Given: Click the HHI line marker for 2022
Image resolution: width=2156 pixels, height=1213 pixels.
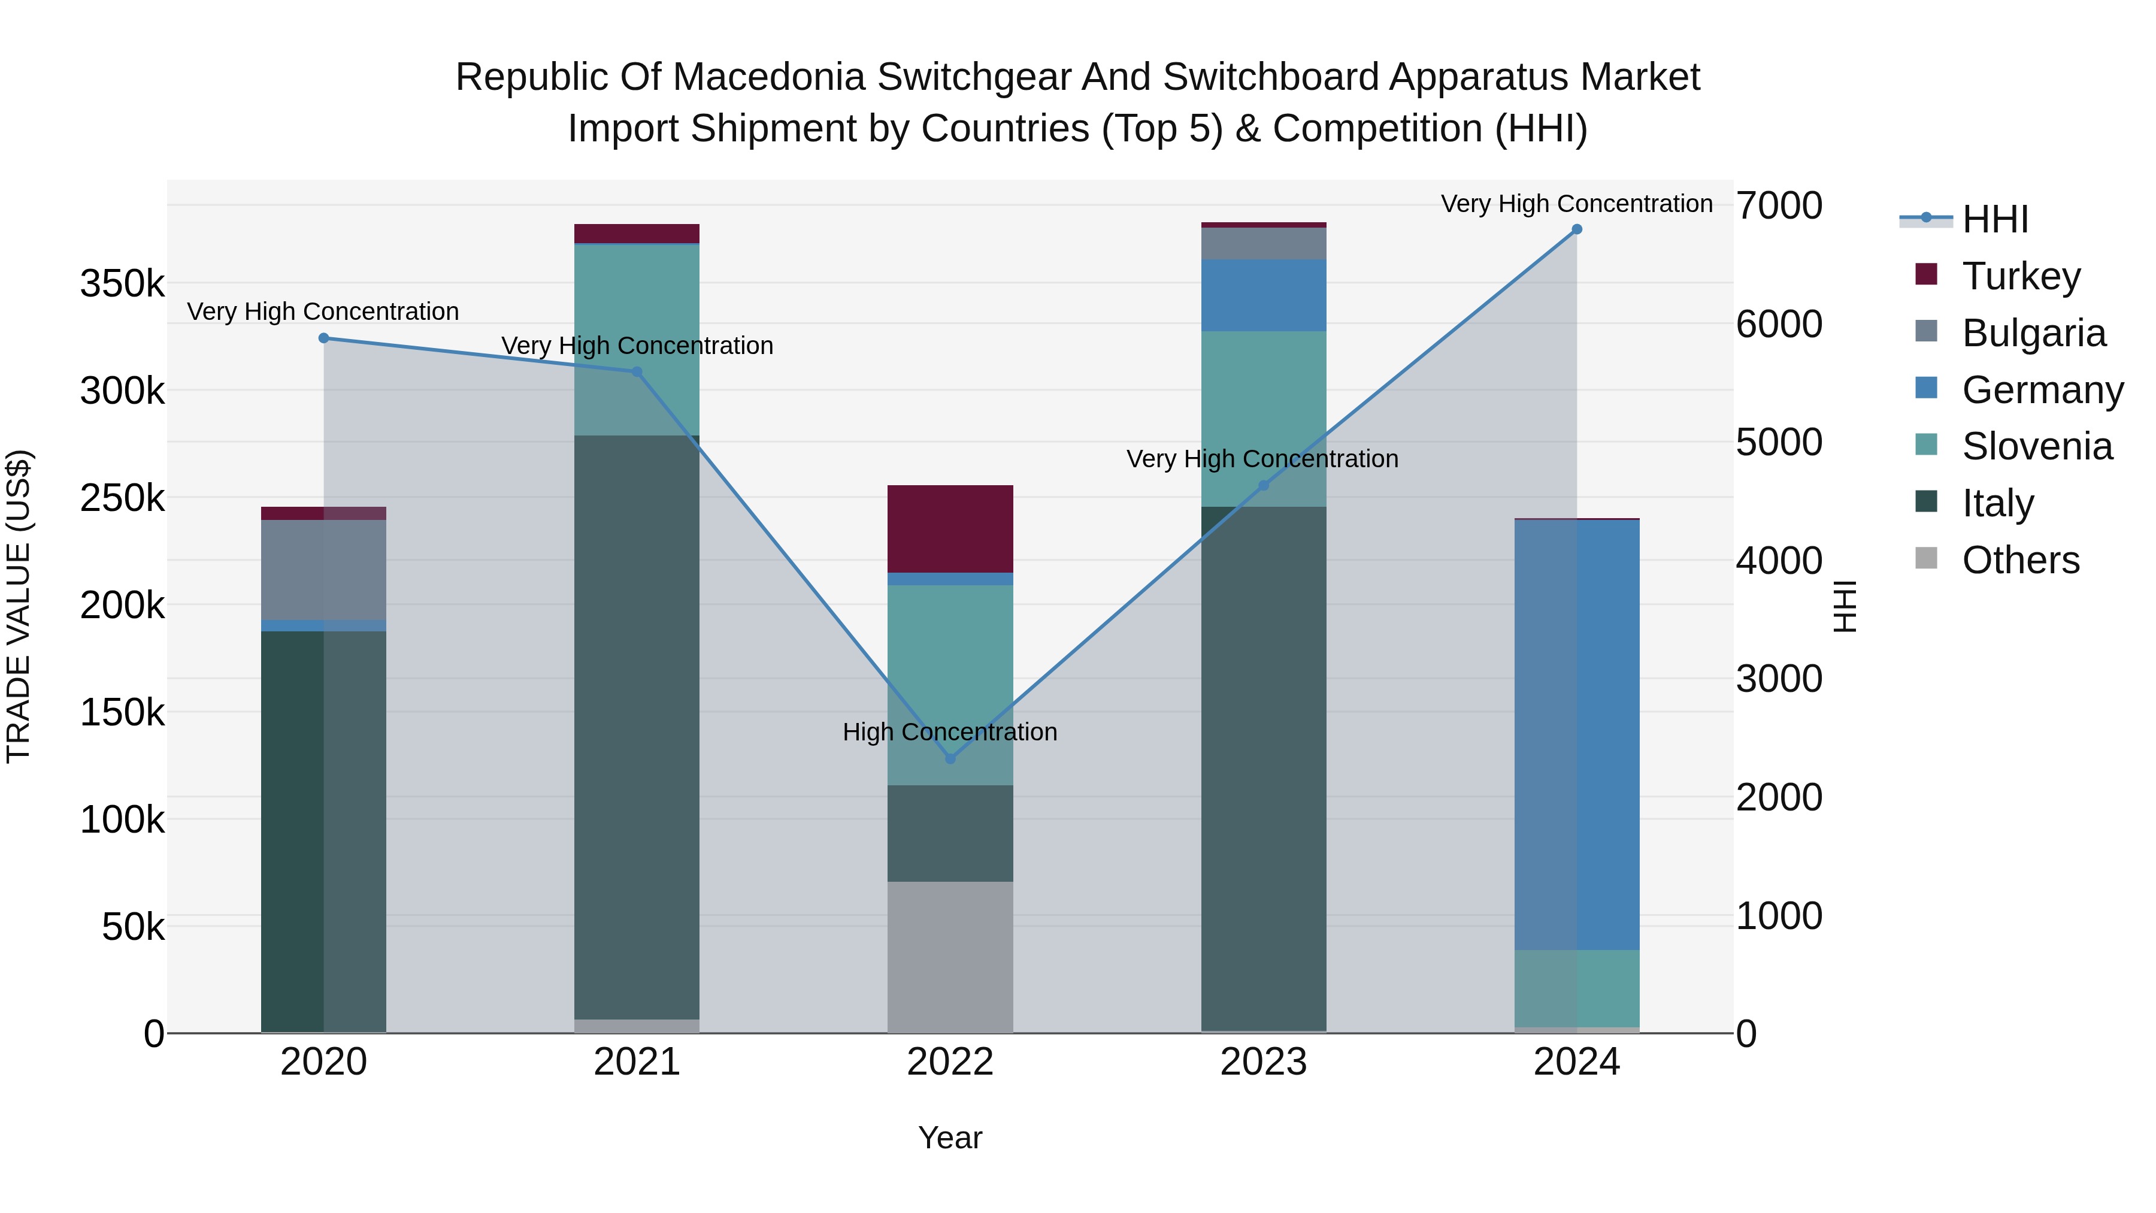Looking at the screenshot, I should tap(950, 758).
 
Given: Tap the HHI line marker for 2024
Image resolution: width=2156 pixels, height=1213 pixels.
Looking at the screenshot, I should tap(1577, 229).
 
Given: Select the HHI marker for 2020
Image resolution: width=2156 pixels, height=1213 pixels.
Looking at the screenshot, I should tap(324, 338).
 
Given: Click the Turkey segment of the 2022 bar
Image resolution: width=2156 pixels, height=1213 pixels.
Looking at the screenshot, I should tap(950, 529).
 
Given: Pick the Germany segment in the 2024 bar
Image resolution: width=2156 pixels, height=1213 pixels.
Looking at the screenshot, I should tap(1577, 735).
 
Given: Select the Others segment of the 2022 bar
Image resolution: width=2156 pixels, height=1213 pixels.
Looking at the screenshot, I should tap(950, 957).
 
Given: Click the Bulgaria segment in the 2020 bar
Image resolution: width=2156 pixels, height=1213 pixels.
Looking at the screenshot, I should tap(324, 570).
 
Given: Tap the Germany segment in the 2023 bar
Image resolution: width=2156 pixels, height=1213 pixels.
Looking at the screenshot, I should tap(1264, 295).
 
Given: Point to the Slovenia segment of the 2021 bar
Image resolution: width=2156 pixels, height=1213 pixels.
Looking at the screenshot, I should tap(637, 339).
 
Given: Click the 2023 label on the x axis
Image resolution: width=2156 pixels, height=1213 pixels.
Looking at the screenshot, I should tap(1264, 1062).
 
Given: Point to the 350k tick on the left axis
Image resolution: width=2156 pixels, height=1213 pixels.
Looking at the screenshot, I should tap(122, 284).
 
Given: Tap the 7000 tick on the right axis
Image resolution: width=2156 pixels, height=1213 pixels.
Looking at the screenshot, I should tap(1779, 206).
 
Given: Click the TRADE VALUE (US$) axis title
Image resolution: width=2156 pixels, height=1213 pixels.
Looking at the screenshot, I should tap(19, 606).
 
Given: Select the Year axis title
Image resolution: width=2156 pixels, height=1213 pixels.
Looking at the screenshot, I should tap(950, 1138).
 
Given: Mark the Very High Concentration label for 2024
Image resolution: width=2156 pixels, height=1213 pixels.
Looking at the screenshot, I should tap(1577, 204).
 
